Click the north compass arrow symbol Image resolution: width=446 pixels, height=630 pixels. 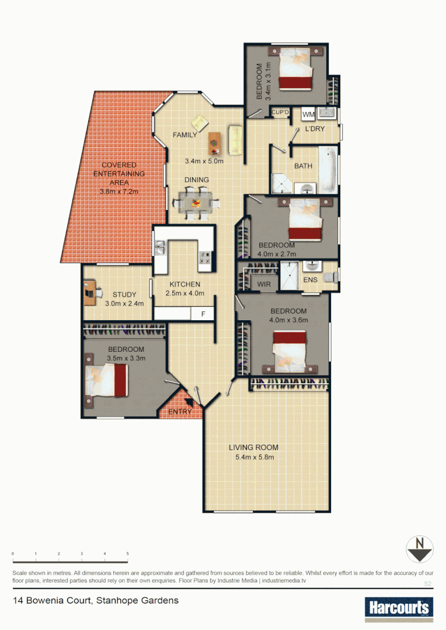(x=419, y=549)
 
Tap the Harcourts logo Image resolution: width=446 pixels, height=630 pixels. (x=399, y=608)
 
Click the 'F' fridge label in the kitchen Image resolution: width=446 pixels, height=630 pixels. (x=203, y=314)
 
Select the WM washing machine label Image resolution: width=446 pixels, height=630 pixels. (x=308, y=114)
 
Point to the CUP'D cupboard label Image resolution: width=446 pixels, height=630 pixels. (x=280, y=112)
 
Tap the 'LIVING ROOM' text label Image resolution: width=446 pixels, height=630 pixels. (x=253, y=447)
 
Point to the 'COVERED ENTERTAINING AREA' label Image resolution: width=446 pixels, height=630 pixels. (x=119, y=174)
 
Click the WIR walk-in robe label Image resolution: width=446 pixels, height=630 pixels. (x=264, y=284)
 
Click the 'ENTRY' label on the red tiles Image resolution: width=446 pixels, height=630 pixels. (x=180, y=412)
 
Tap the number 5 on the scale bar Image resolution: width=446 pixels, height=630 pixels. (x=127, y=553)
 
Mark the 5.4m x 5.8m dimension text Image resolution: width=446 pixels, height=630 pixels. (x=253, y=457)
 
